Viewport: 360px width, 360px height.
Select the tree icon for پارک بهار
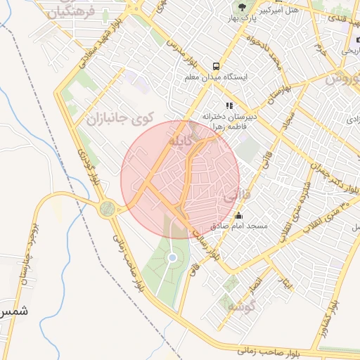tap(241, 9)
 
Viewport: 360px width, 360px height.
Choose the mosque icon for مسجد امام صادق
tap(239, 216)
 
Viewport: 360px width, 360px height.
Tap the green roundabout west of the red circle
tap(108, 208)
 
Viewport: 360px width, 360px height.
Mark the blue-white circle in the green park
tap(172, 259)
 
